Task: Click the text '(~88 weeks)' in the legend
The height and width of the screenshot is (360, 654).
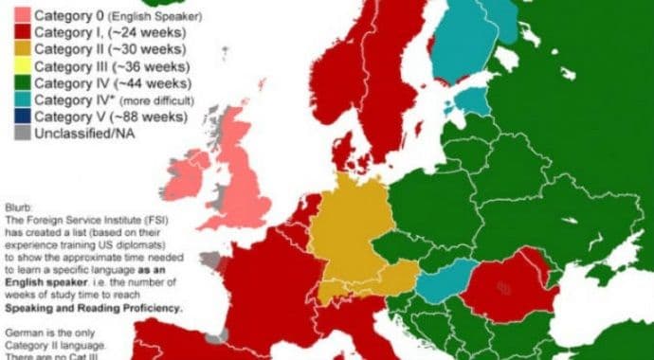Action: pos(150,117)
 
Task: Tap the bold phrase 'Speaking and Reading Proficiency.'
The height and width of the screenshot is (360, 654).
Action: pos(93,309)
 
